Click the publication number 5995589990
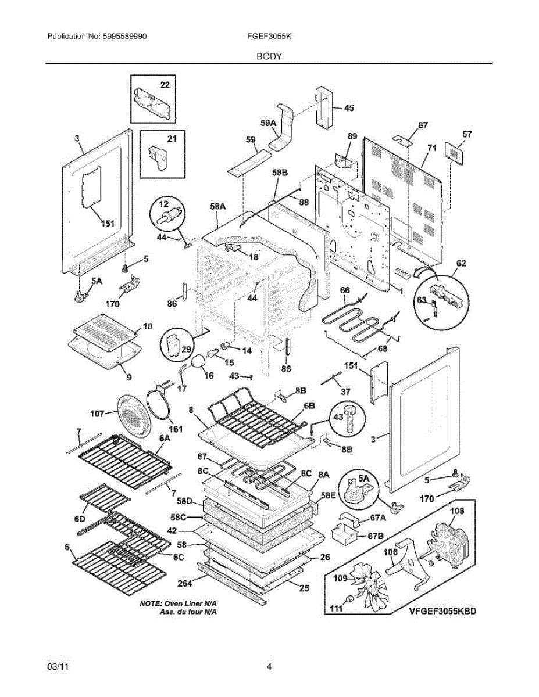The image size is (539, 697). coord(124,37)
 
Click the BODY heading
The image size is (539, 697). coord(269,56)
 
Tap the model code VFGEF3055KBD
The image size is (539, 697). coord(442,611)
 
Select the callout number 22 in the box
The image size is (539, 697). coord(165,85)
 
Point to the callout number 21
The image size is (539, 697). coord(172,139)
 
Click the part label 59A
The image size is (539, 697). coord(268,123)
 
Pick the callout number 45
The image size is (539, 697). coord(349,108)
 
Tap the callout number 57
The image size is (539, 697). coord(467,134)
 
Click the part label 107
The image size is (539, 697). coord(97,414)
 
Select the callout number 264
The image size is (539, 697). coord(185,584)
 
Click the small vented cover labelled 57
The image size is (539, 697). coord(455,153)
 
